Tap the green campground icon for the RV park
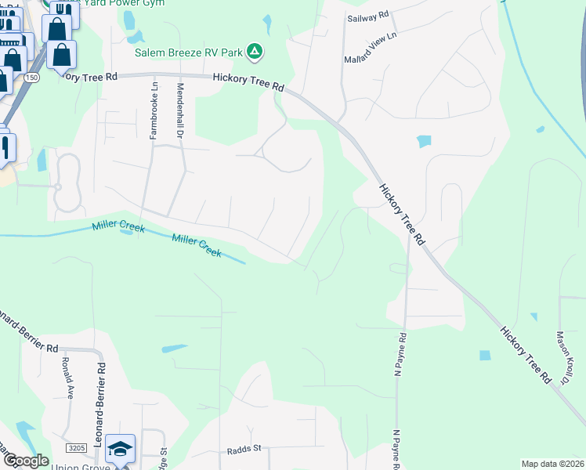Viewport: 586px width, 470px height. point(254,52)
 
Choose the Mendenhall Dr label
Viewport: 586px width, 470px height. point(179,112)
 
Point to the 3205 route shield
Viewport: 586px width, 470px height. point(76,447)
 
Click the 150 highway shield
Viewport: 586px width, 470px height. point(31,77)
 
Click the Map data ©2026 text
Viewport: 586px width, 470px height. point(552,464)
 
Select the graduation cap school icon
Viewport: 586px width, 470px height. point(120,448)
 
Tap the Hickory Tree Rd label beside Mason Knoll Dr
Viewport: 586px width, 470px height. point(524,356)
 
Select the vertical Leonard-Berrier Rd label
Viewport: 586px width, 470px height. point(100,399)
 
